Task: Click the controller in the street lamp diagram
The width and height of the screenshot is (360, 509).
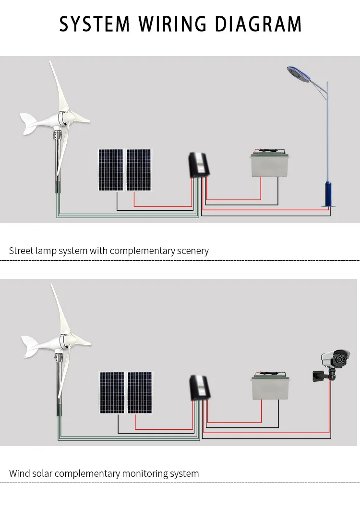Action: [x=198, y=164]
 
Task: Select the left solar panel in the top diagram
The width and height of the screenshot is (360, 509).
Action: [x=111, y=170]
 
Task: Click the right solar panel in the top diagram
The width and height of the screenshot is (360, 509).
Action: [x=139, y=170]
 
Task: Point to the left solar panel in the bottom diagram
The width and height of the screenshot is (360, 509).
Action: [x=112, y=392]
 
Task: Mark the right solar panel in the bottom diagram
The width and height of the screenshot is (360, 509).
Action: [x=140, y=392]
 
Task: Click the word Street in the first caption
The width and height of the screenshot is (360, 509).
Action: [x=22, y=251]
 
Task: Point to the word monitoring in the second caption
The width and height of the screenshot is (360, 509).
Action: [x=144, y=473]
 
